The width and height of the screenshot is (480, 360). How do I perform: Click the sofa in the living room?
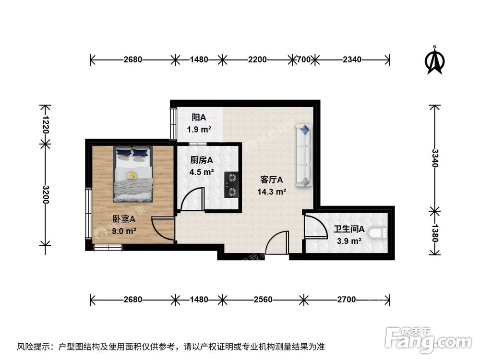pyautogui.click(x=304, y=156)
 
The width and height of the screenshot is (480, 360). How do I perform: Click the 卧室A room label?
pyautogui.click(x=124, y=219)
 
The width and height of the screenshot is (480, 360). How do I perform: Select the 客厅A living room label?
pyautogui.click(x=272, y=180)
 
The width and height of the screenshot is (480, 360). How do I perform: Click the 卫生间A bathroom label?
pyautogui.click(x=349, y=229)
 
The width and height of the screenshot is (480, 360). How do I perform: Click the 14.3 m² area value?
pyautogui.click(x=272, y=192)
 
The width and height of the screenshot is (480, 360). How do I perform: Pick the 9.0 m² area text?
pyautogui.click(x=124, y=231)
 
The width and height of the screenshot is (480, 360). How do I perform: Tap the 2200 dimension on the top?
pyautogui.click(x=257, y=60)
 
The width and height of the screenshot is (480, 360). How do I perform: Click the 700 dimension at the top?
pyautogui.click(x=303, y=60)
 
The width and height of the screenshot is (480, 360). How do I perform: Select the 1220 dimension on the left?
pyautogui.click(x=46, y=124)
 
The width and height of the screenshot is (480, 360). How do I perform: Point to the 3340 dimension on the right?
pyautogui.click(x=435, y=157)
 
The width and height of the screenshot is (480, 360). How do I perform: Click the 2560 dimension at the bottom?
pyautogui.click(x=263, y=300)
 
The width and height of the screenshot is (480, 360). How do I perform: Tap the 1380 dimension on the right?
pyautogui.click(x=435, y=233)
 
